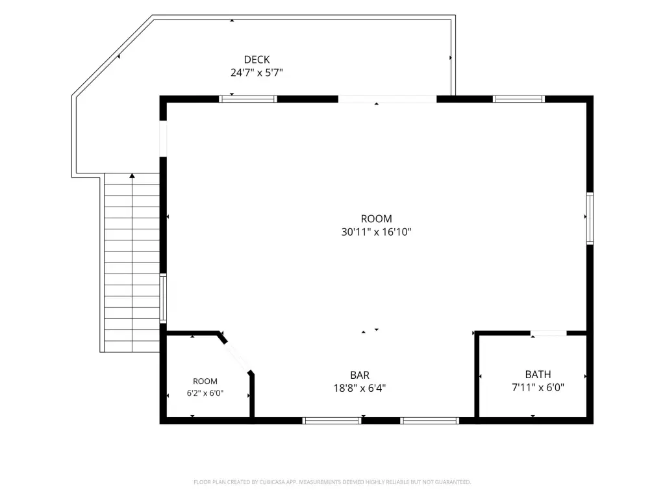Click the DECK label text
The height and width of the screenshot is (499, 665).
(257, 59)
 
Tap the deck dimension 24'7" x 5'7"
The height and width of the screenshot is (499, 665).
(257, 73)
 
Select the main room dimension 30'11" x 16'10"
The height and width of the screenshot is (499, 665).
(376, 232)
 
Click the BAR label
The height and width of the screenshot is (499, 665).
(360, 375)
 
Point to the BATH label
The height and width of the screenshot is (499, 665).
(538, 374)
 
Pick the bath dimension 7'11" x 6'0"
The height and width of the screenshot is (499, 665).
(538, 387)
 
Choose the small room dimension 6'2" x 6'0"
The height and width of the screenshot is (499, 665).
(205, 393)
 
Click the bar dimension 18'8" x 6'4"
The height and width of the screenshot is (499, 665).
(360, 388)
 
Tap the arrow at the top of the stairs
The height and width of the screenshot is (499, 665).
(132, 175)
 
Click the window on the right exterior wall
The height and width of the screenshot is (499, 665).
(590, 218)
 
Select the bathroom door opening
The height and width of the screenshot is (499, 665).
(548, 333)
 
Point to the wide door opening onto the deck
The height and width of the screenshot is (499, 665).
(387, 99)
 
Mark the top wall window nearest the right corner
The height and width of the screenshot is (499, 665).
(519, 99)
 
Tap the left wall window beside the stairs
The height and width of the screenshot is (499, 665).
(163, 298)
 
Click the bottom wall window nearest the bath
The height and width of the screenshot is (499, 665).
(430, 420)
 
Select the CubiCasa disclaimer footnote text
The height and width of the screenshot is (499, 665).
(332, 482)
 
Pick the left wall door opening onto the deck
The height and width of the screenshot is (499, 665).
(163, 139)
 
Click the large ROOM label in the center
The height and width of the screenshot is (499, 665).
(376, 218)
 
